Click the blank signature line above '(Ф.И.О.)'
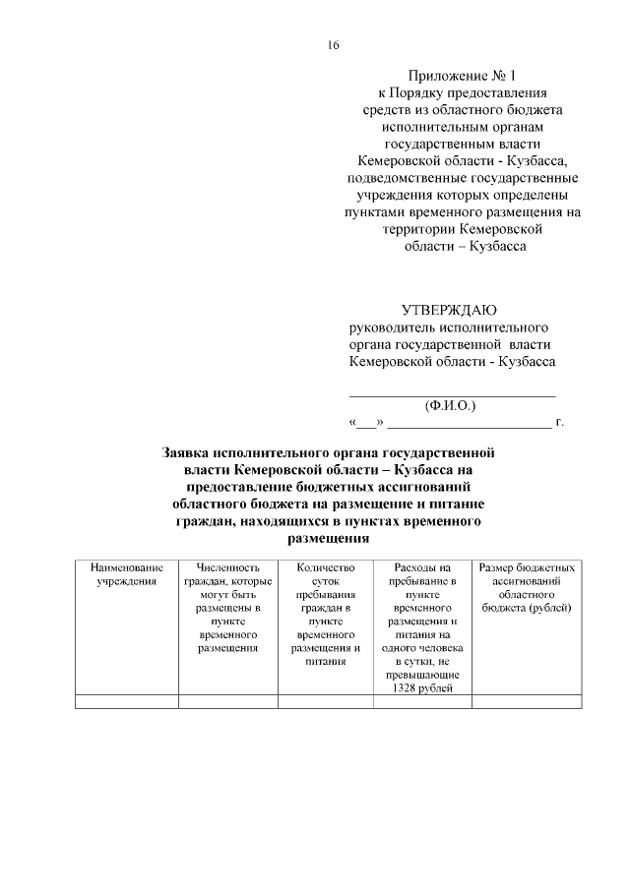point(453,392)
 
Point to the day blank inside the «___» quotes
point(366,424)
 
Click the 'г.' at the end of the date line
point(559,423)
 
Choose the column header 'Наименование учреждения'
point(126,575)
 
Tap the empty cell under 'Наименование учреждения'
point(126,701)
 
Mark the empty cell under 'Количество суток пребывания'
point(325,701)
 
